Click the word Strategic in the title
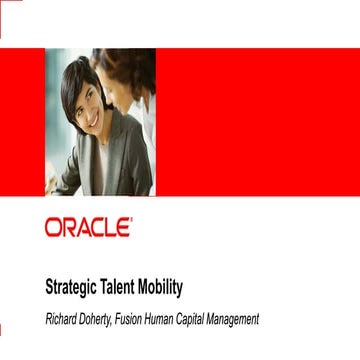(73, 287)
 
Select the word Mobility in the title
(165, 287)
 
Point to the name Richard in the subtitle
(64, 319)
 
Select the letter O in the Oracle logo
(53, 228)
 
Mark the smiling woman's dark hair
(73, 80)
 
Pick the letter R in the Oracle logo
(68, 228)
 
